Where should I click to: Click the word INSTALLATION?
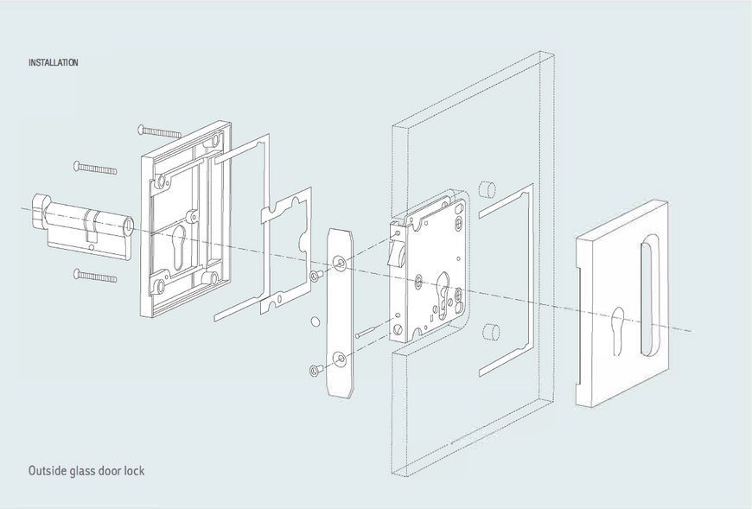[x=54, y=62]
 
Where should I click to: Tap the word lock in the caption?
[x=134, y=470]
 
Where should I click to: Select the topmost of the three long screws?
[x=160, y=130]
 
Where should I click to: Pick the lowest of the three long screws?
[x=95, y=276]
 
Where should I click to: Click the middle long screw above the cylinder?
[x=95, y=168]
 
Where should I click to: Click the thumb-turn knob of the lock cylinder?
[x=41, y=210]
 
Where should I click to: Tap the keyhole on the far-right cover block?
[x=617, y=332]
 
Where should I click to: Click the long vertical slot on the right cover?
[x=649, y=296]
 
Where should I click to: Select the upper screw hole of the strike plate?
[x=340, y=263]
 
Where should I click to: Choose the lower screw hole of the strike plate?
[x=340, y=358]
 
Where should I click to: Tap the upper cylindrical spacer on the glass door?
[x=488, y=189]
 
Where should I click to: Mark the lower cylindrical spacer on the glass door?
[x=489, y=332]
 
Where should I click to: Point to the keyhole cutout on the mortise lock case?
[x=443, y=291]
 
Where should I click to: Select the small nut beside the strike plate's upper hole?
[x=315, y=276]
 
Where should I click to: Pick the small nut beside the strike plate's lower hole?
[x=315, y=371]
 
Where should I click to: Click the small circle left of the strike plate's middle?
[x=315, y=321]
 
